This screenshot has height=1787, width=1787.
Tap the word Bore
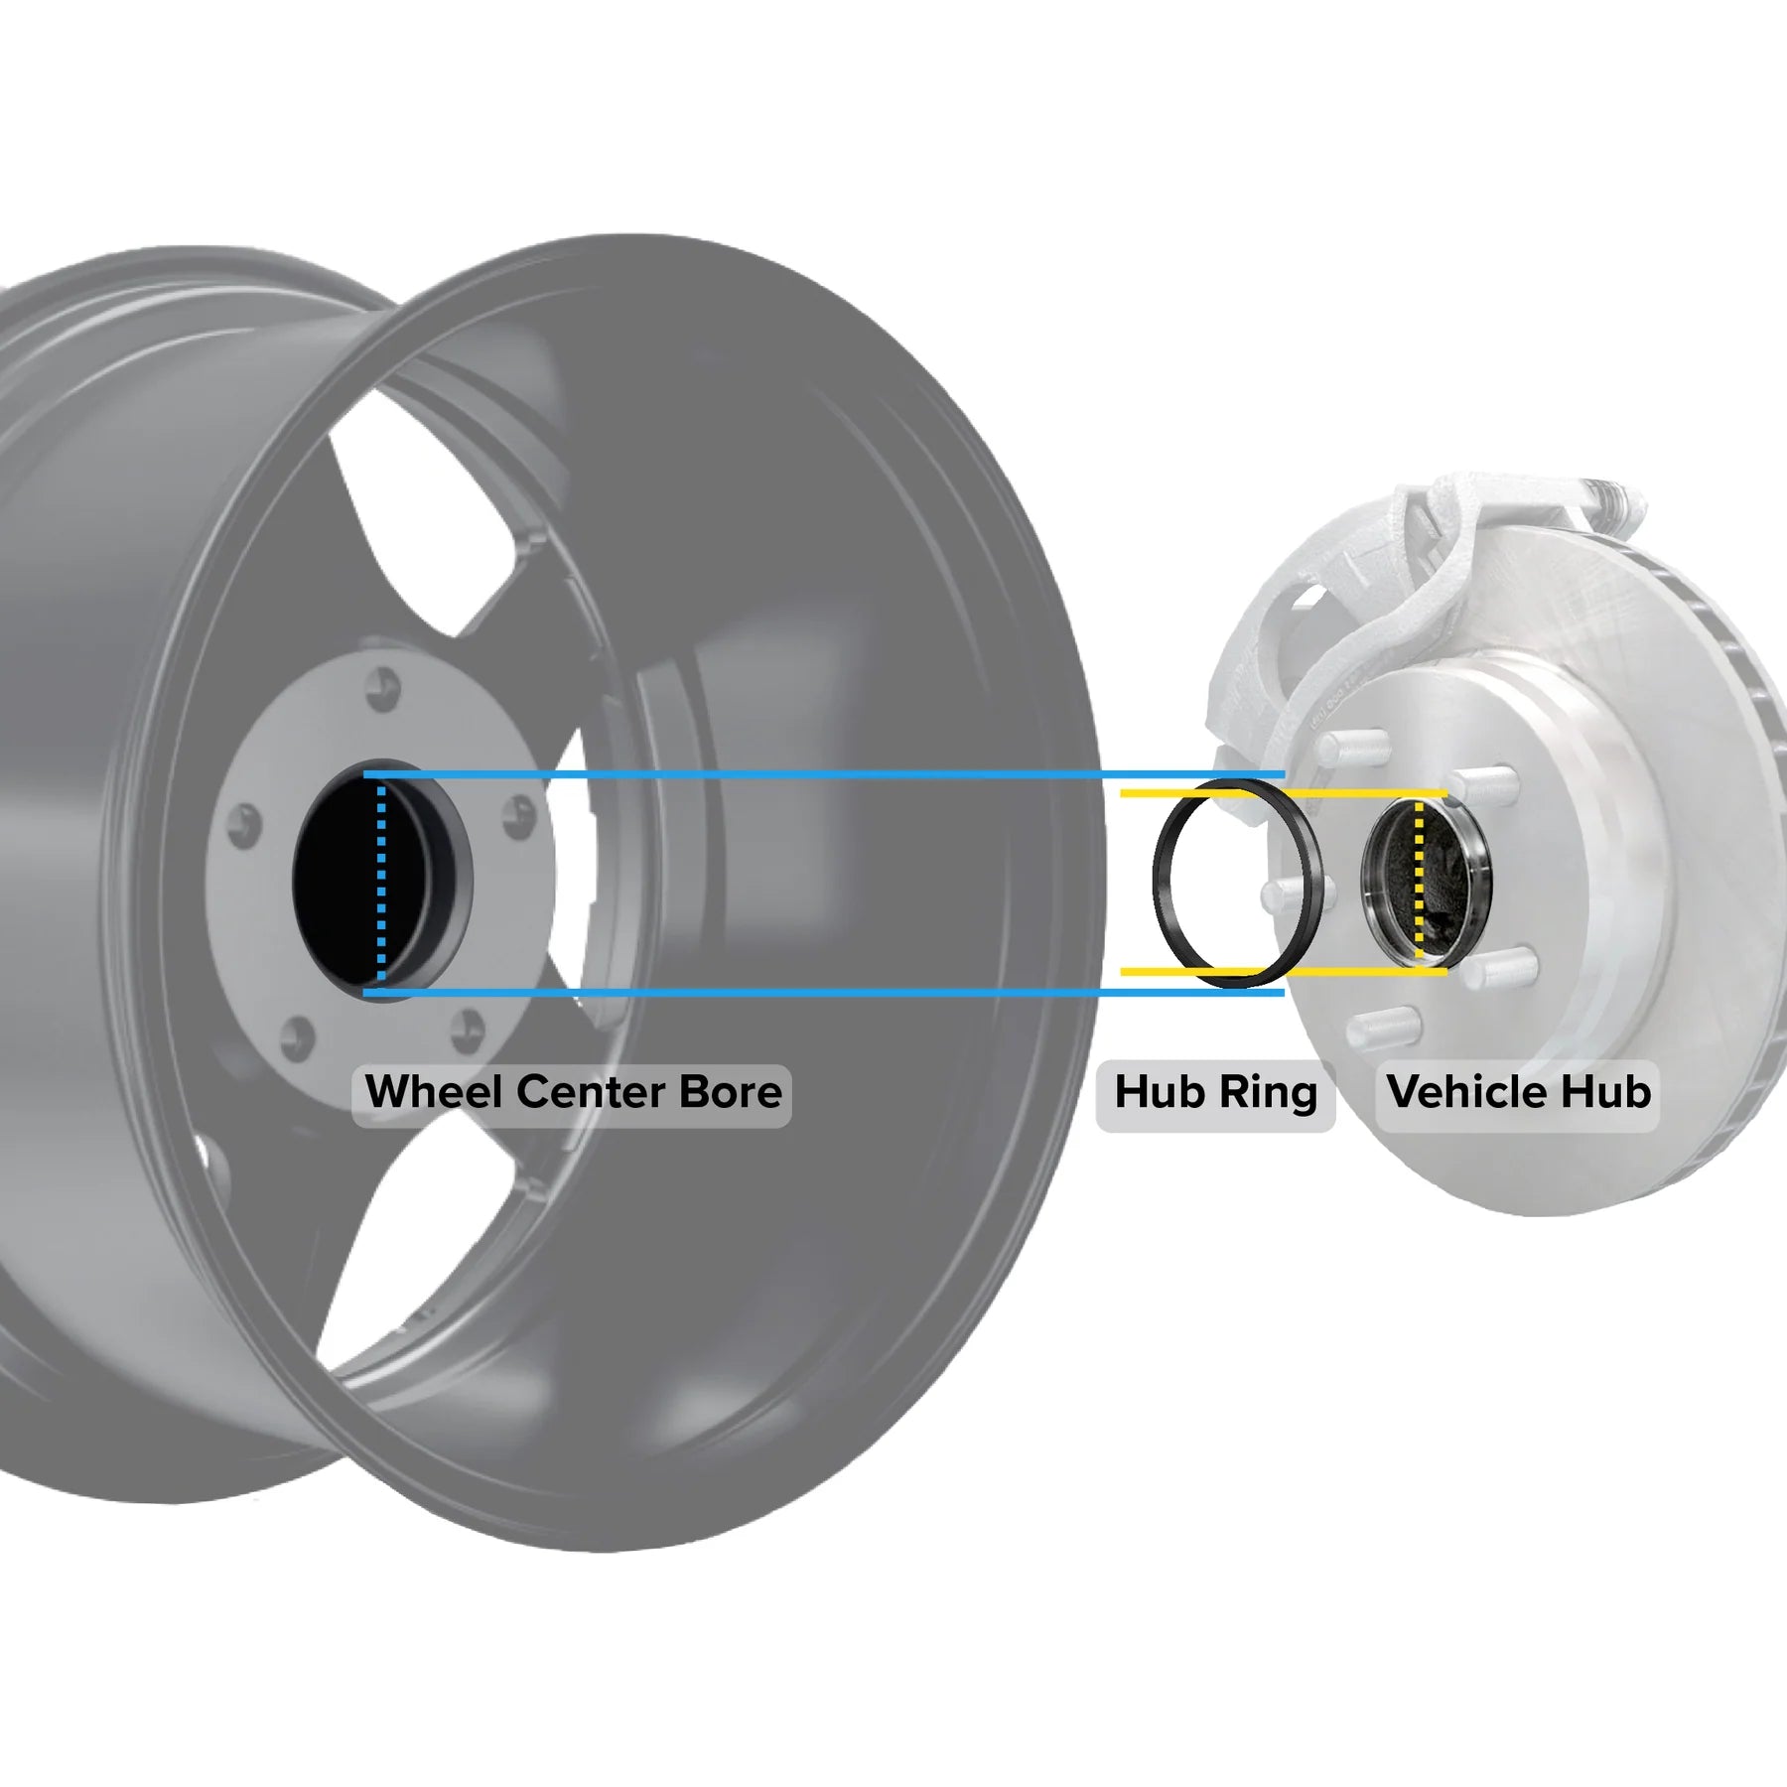click(730, 1092)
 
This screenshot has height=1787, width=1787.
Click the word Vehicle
click(1466, 1092)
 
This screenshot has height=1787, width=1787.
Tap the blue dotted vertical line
click(381, 884)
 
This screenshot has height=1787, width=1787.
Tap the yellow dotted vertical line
click(1418, 884)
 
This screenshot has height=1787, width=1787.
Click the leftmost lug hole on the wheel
click(244, 826)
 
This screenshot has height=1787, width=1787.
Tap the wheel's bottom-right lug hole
click(466, 1030)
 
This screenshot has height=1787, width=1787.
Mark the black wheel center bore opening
click(338, 884)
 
